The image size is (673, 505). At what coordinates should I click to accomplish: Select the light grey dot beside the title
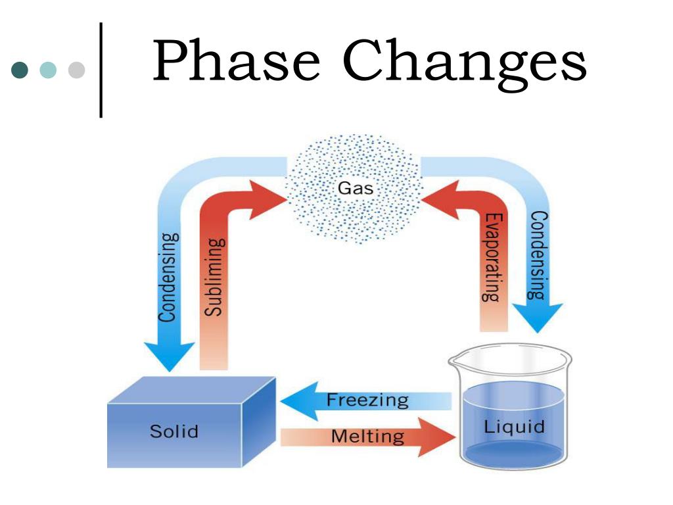pyautogui.click(x=77, y=70)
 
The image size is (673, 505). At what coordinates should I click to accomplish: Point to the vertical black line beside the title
pyautogui.click(x=101, y=70)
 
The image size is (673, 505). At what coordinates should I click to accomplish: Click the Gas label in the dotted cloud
pyautogui.click(x=355, y=189)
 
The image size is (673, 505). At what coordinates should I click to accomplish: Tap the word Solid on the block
pyautogui.click(x=174, y=431)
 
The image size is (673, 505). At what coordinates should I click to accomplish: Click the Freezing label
pyautogui.click(x=367, y=400)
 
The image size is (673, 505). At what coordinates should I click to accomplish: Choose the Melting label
pyautogui.click(x=367, y=436)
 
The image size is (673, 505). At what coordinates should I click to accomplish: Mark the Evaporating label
pyautogui.click(x=493, y=257)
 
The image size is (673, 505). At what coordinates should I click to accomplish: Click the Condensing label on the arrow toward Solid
pyautogui.click(x=169, y=277)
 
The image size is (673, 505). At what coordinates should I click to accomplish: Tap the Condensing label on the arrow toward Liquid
pyautogui.click(x=538, y=255)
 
